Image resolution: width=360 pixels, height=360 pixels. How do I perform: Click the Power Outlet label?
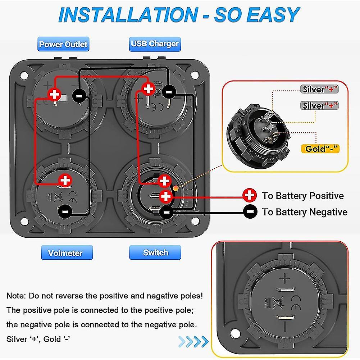tap(63, 45)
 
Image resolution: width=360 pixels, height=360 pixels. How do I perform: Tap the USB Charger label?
tap(155, 44)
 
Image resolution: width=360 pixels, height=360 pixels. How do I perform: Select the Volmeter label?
tap(65, 253)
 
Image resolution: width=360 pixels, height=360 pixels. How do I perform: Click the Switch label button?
tap(155, 252)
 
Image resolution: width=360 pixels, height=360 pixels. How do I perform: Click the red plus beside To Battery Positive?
tap(250, 196)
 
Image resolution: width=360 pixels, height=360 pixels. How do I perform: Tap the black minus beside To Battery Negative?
tap(250, 212)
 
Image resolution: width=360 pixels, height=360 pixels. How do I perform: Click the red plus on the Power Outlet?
tap(55, 95)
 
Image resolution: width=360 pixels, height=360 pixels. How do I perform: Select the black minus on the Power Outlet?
tap(79, 95)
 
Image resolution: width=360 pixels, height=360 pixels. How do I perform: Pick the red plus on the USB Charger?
tap(148, 88)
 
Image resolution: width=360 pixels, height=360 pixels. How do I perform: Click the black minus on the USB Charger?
tap(169, 92)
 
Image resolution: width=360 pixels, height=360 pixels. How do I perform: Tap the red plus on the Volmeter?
tap(65, 180)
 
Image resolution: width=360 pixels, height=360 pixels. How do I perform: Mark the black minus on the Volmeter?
tap(65, 210)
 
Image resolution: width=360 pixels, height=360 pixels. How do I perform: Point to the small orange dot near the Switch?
tap(175, 188)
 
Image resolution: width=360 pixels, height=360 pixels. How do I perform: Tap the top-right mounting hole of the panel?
tap(195, 75)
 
